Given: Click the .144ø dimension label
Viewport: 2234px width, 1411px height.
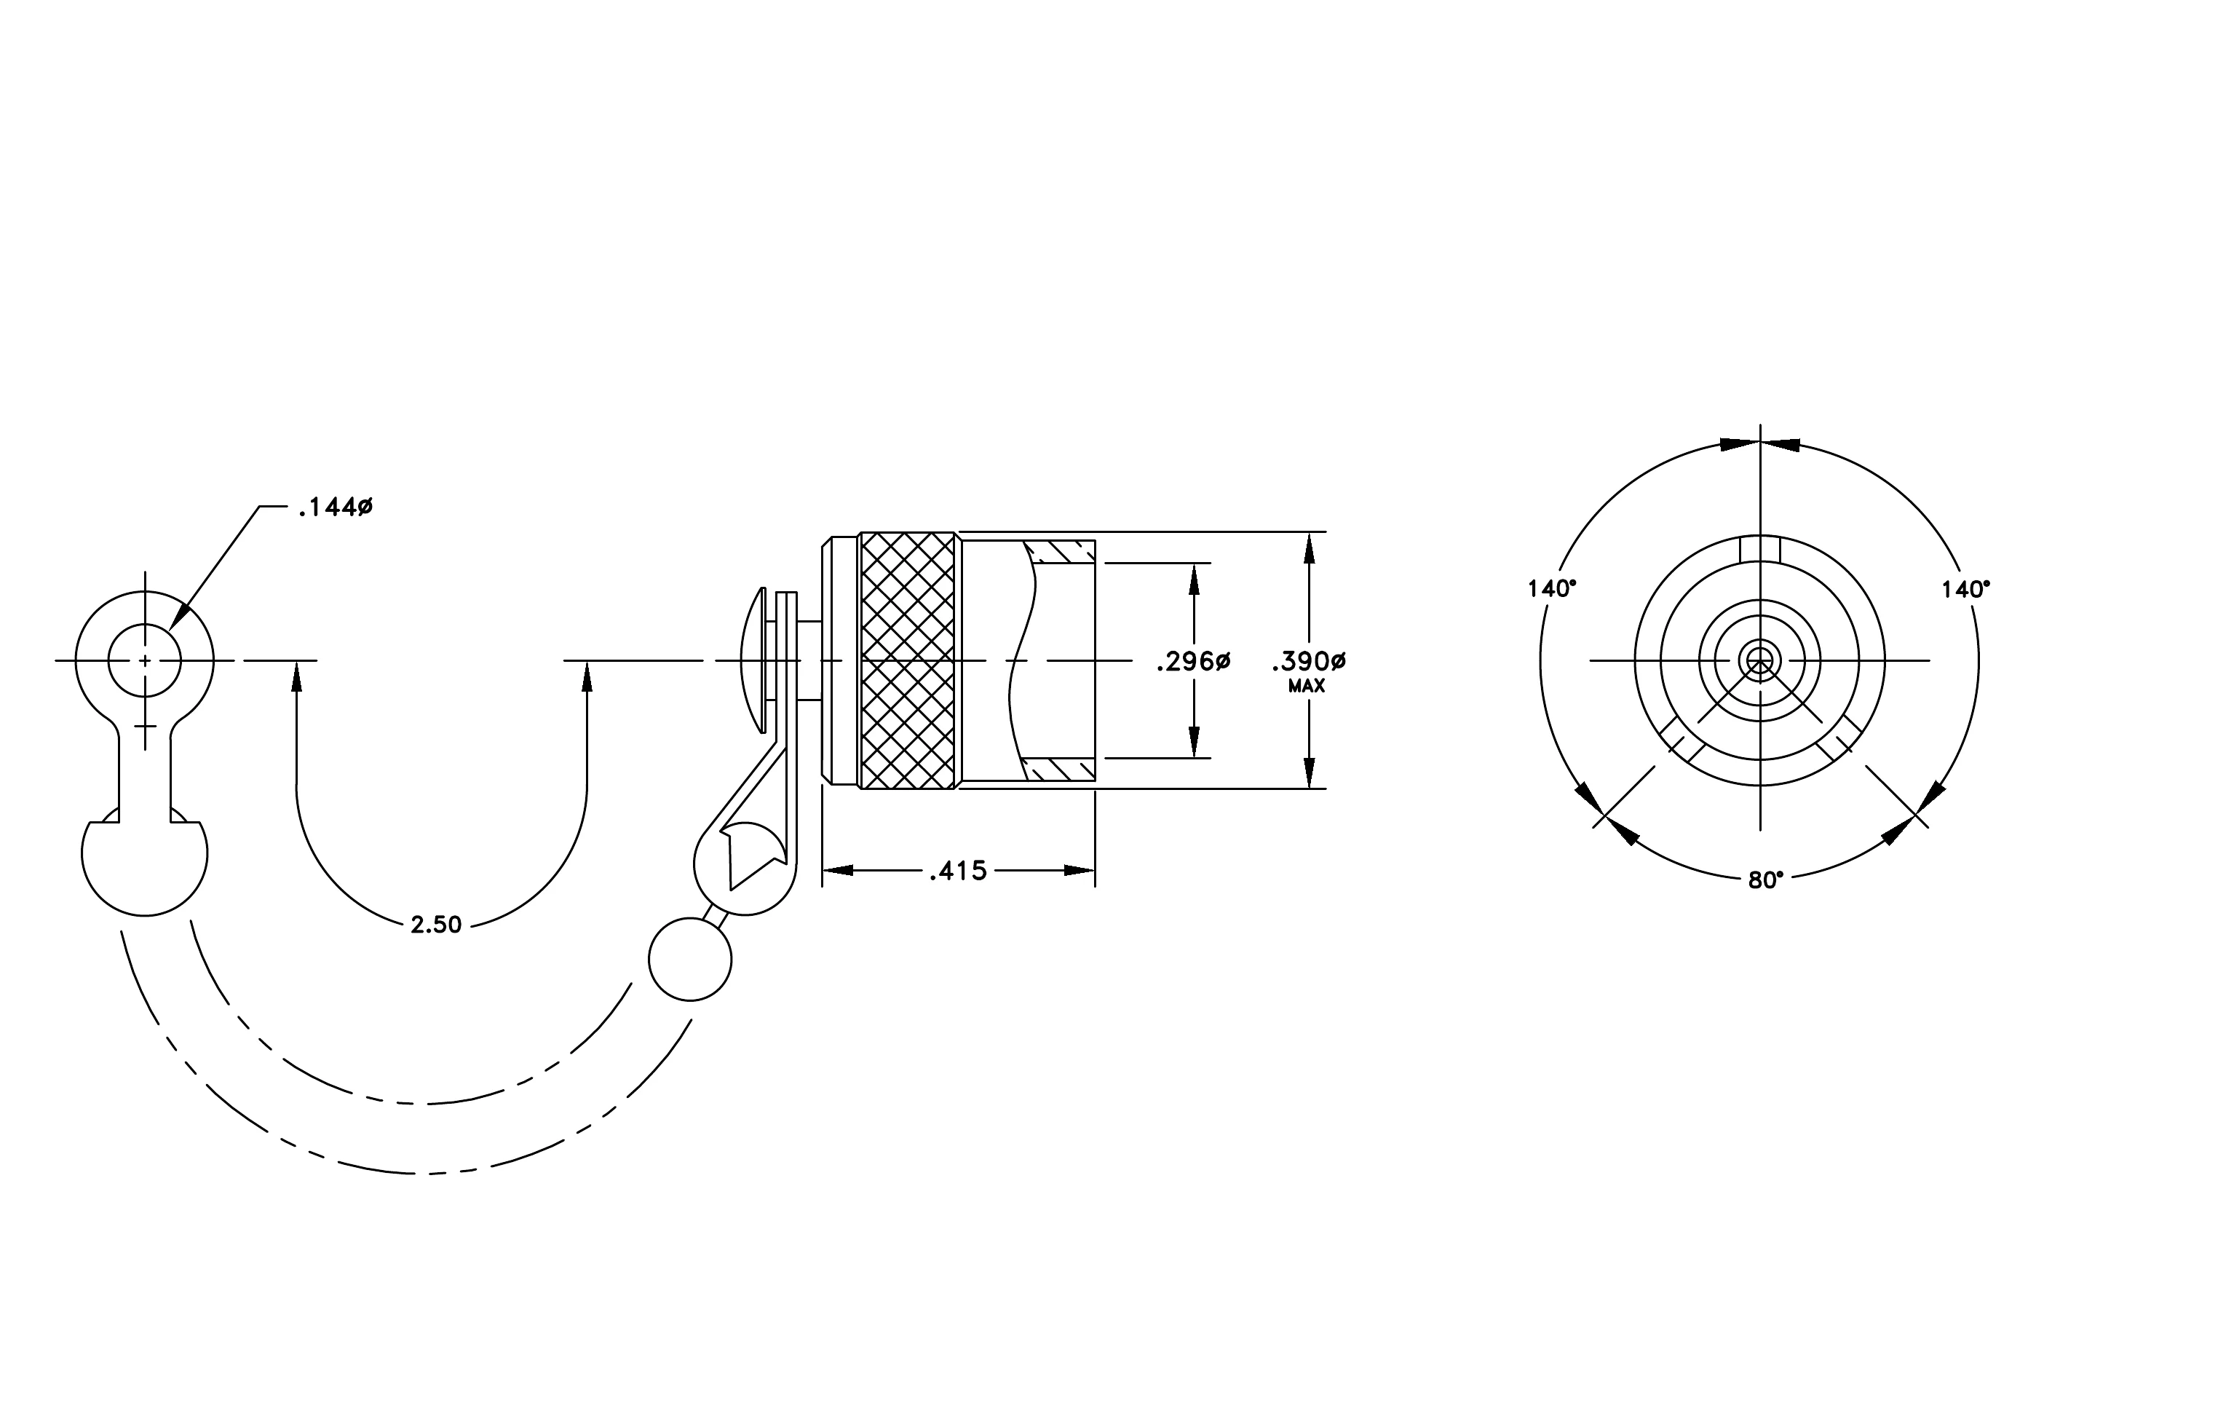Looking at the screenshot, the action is (x=335, y=507).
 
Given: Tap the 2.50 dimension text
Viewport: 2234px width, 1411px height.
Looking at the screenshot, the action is (x=436, y=925).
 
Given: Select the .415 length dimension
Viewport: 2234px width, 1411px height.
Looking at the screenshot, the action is (x=959, y=870).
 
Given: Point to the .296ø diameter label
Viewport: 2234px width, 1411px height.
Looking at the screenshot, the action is (x=1193, y=661).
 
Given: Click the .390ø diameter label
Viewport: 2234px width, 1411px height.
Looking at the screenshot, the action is (x=1308, y=661).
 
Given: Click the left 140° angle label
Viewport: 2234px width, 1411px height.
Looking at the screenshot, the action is (x=1552, y=588).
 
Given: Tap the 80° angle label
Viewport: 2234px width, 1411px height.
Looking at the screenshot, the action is (x=1765, y=880).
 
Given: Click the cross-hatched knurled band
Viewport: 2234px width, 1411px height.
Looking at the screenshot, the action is (x=908, y=660).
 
